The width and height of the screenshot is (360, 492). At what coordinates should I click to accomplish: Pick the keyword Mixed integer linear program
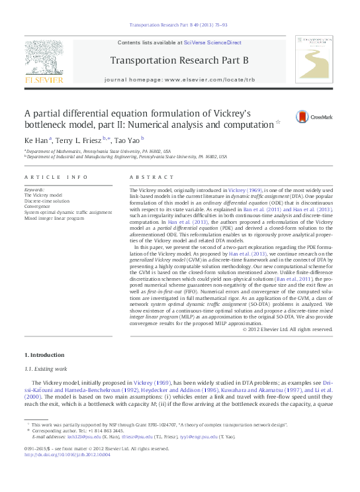(54, 218)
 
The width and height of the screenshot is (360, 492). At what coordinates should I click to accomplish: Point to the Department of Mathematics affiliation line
(99, 152)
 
